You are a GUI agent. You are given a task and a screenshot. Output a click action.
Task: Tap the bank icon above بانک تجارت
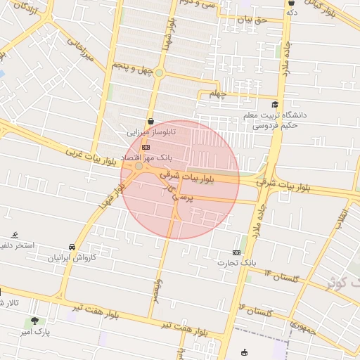point(236,252)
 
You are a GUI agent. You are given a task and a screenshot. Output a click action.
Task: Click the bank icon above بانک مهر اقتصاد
point(146,147)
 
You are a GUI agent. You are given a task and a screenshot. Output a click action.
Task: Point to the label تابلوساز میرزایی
point(150,131)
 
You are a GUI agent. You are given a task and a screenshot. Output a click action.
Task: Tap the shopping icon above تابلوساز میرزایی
point(151,121)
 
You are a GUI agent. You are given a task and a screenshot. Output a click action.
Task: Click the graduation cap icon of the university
point(274,105)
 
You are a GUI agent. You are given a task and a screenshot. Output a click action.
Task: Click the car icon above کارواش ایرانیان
point(72,247)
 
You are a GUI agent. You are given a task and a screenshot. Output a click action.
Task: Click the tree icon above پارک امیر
point(34,321)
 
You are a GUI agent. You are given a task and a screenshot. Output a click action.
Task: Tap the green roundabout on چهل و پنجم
point(160,72)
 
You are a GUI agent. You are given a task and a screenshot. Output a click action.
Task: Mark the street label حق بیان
point(252,20)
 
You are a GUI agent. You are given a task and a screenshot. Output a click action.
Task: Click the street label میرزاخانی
point(79,49)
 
